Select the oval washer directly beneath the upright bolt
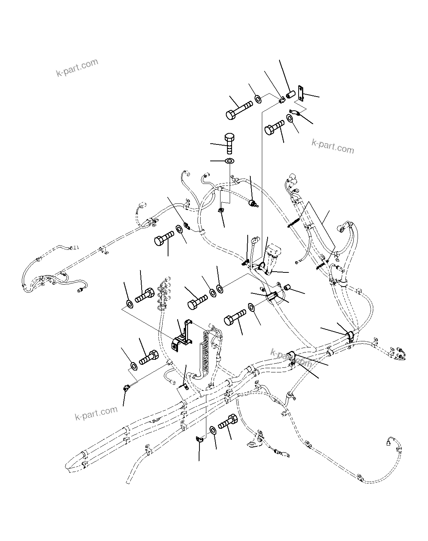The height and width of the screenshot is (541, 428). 229,160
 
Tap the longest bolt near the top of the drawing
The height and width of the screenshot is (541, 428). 238,110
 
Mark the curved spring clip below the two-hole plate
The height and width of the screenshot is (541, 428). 295,112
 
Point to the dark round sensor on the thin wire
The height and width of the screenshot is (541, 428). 252,203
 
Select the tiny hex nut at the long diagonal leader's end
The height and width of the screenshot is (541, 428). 125,389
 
